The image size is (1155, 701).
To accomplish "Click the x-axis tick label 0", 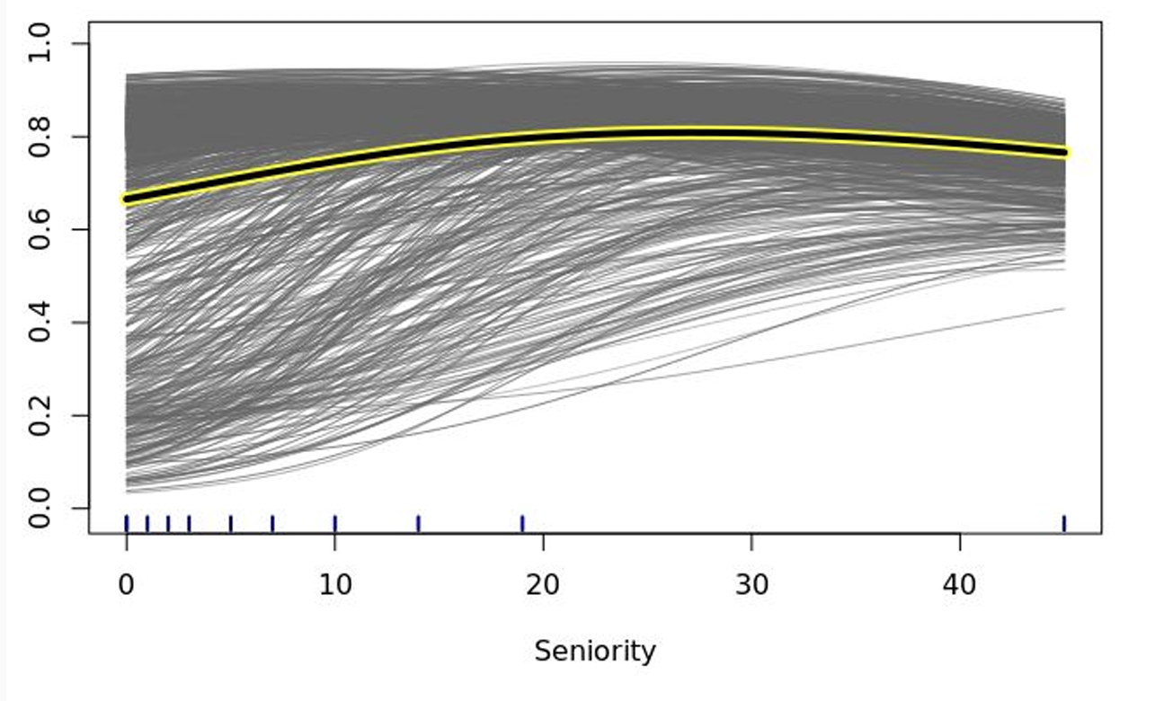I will (x=127, y=585).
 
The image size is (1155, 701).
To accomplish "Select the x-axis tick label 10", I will (x=334, y=585).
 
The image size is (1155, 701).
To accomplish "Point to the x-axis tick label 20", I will (x=543, y=585).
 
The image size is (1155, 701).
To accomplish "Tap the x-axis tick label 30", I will (x=751, y=585).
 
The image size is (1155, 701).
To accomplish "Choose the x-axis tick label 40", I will (x=960, y=585).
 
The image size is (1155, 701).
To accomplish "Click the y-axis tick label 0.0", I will (x=41, y=509).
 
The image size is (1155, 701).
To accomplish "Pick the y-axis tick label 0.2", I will (x=41, y=416).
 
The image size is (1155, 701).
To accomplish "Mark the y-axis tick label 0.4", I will (x=41, y=323).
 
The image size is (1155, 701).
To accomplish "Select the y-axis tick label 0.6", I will (x=41, y=230).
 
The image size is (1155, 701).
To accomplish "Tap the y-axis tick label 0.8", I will (x=41, y=137).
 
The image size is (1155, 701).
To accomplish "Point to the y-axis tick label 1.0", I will (x=41, y=44).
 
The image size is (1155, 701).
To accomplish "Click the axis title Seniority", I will (x=595, y=651).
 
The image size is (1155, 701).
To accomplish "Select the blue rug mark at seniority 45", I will (x=1064, y=523).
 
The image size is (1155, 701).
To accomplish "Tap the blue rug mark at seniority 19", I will (x=522, y=523).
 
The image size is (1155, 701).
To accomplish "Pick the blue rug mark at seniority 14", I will (x=418, y=523).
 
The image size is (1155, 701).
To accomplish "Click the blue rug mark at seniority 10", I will (x=334, y=523).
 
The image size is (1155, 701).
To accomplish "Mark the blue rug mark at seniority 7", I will (x=272, y=523).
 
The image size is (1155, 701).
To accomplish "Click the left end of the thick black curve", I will (x=128, y=199).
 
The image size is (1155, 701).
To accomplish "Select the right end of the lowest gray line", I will (x=1064, y=308).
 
